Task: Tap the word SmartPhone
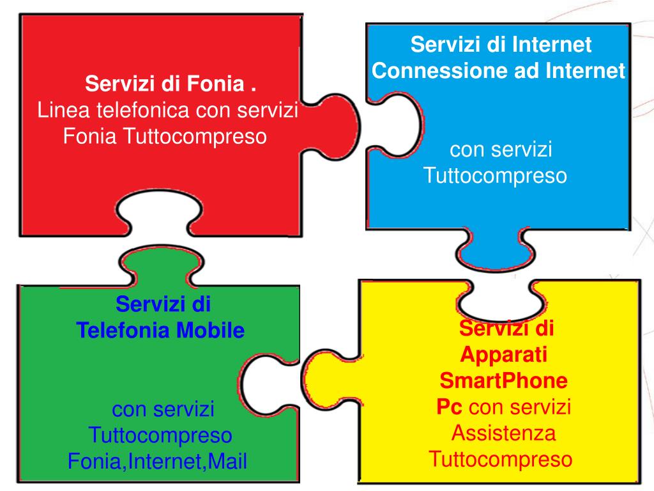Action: [x=503, y=381]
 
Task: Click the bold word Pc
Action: [x=450, y=407]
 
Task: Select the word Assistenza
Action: [x=503, y=433]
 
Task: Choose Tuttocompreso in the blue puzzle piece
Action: [x=495, y=176]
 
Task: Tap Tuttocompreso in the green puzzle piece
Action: [x=160, y=435]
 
